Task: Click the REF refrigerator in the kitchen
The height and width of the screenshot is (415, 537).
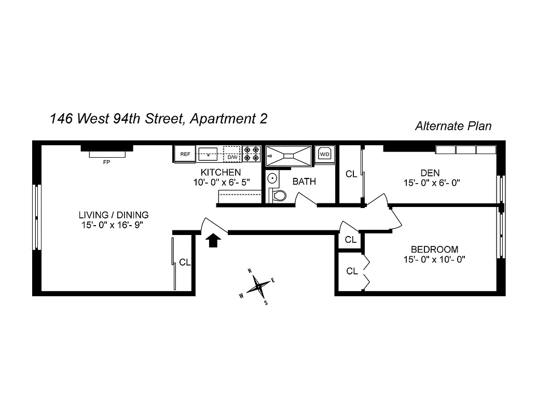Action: tap(185, 154)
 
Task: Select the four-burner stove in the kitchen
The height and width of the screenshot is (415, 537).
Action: tap(252, 154)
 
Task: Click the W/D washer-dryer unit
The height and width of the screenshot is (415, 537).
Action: tap(325, 154)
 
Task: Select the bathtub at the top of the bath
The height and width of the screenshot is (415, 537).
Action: tap(288, 155)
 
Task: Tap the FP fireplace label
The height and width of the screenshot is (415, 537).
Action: tap(107, 162)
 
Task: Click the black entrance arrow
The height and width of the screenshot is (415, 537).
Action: tap(213, 241)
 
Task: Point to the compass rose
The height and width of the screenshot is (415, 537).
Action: tap(258, 285)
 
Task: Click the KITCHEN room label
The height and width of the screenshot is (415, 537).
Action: tap(221, 172)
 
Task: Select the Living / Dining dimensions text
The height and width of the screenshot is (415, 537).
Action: tap(113, 225)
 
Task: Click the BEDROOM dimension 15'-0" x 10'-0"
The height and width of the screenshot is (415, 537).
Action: tap(434, 259)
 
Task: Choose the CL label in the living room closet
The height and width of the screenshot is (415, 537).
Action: tap(185, 262)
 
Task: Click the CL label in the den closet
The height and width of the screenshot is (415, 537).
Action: tap(351, 174)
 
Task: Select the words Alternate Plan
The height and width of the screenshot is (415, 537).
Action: tap(453, 126)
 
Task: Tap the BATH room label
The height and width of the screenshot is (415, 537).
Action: tap(304, 182)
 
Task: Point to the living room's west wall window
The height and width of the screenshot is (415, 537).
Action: tap(36, 217)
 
